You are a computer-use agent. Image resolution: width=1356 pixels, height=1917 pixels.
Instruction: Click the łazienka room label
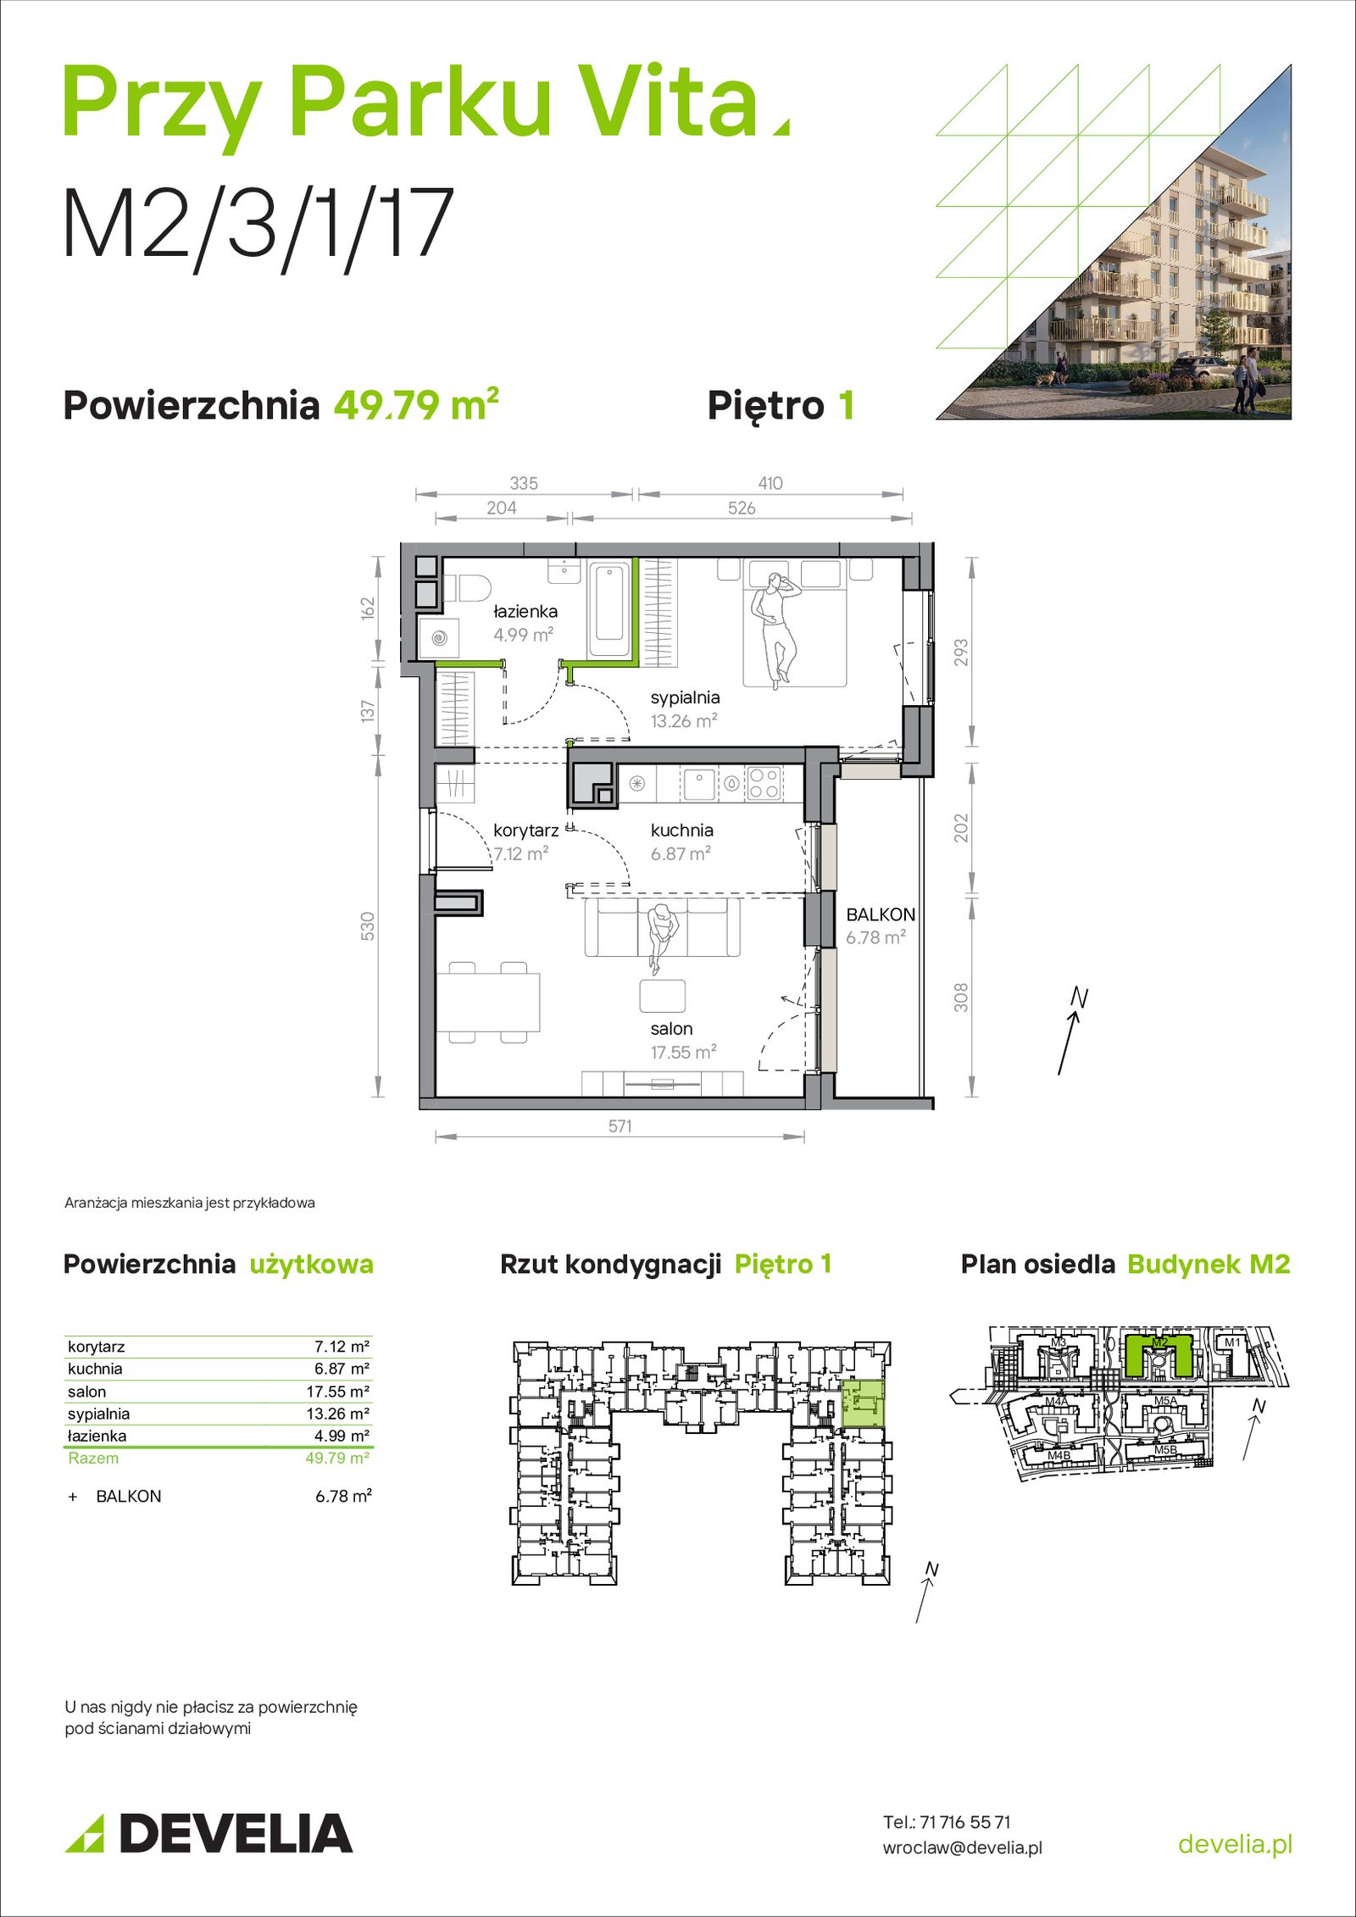(x=525, y=611)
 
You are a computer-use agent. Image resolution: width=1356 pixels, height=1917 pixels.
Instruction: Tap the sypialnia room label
(x=685, y=698)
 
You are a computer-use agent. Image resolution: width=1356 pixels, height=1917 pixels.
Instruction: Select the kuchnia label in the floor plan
(x=681, y=831)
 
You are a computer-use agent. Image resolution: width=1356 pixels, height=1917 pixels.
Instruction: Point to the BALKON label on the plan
(x=881, y=915)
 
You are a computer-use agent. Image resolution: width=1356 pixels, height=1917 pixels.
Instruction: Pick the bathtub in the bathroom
(x=609, y=609)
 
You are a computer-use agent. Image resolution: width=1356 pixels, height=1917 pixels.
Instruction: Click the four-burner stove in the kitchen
(x=763, y=783)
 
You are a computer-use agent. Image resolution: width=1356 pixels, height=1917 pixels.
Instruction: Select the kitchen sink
(x=700, y=783)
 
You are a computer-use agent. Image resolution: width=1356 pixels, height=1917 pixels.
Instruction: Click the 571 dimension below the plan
(x=620, y=1126)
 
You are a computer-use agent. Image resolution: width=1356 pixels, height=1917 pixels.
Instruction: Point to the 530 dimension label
(x=368, y=926)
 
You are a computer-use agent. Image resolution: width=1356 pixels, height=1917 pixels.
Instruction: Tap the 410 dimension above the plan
(x=770, y=483)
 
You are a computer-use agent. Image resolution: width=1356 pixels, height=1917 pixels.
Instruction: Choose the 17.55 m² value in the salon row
(x=337, y=1392)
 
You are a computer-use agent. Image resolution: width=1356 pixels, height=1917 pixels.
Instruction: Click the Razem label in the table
(x=93, y=1458)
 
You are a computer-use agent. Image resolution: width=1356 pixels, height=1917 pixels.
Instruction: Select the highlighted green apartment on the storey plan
(x=863, y=1403)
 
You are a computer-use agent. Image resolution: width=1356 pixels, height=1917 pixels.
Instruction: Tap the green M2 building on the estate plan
(x=1159, y=1354)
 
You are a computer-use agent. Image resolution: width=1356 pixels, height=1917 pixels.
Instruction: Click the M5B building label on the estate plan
(x=1165, y=1450)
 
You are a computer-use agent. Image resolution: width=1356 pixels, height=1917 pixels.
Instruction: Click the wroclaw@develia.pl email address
(x=963, y=1848)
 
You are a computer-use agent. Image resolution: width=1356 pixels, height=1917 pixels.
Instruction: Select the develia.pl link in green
(x=1236, y=1843)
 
